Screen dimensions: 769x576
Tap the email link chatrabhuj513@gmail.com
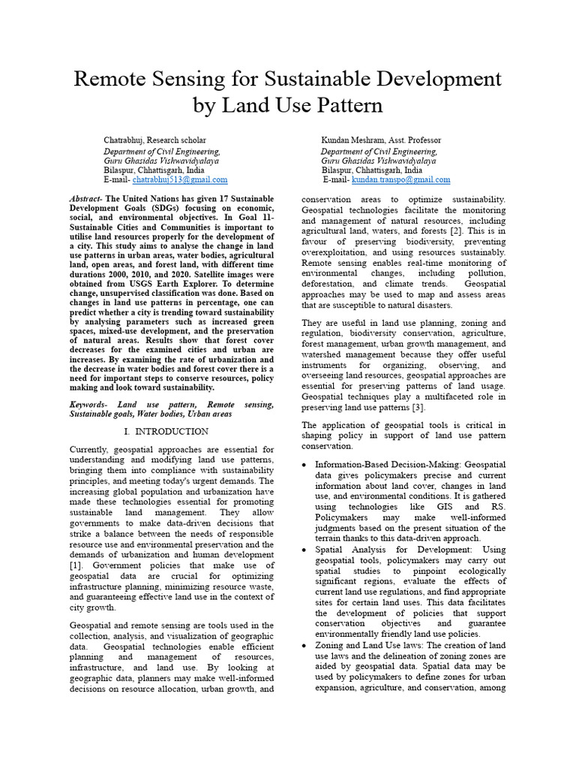point(180,179)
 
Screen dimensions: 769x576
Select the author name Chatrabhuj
point(123,140)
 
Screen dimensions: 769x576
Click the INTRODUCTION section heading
point(173,432)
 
